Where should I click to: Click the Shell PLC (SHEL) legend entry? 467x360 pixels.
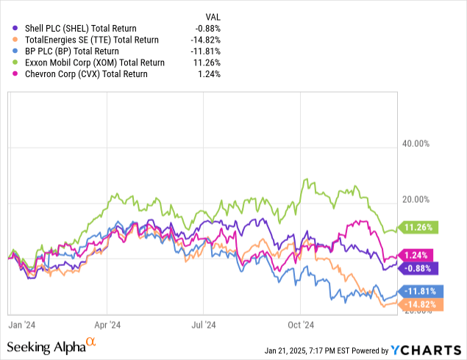coord(72,29)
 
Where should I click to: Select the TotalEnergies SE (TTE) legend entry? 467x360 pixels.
coord(83,40)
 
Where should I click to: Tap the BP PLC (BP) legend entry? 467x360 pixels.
coord(65,51)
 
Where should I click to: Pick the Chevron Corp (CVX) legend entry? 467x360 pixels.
coord(76,74)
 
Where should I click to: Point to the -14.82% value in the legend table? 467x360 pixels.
coord(204,40)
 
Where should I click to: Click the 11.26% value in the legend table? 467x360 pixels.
coord(206,62)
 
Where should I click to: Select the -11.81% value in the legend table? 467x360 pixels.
coord(204,51)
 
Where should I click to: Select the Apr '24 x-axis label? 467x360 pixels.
coord(108,323)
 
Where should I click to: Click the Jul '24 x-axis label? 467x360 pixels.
coord(204,323)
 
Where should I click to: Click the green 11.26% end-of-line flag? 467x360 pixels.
coord(417,227)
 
